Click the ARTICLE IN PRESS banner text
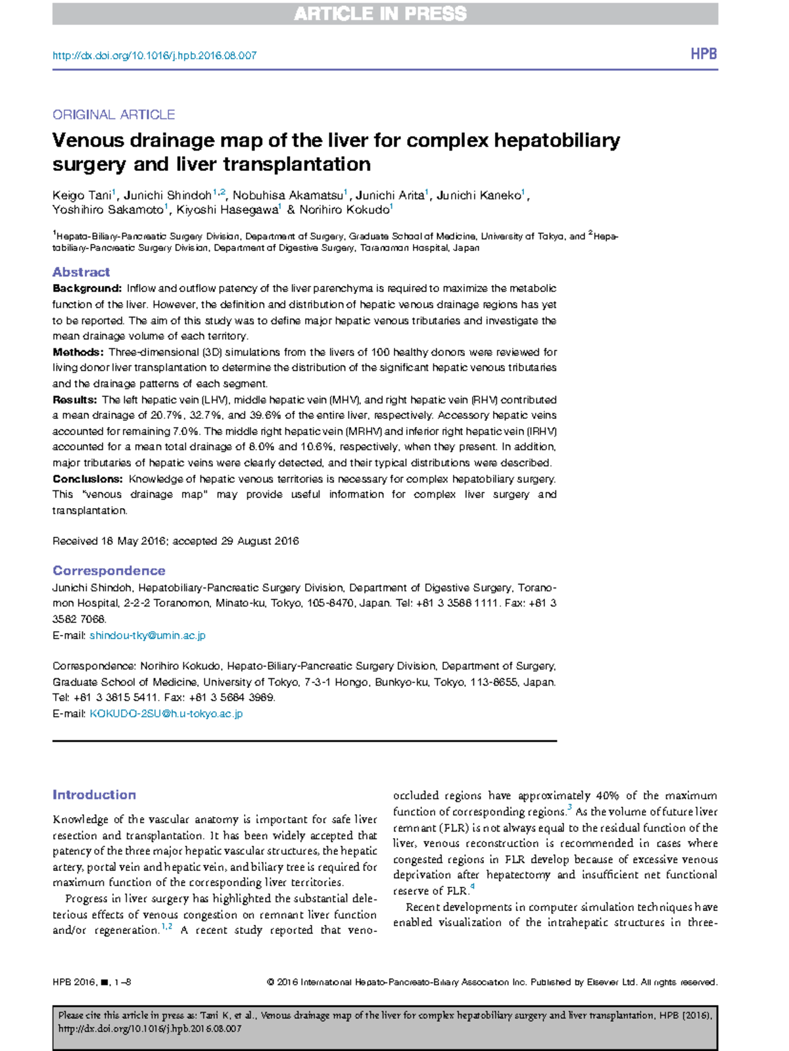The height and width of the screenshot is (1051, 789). (380, 14)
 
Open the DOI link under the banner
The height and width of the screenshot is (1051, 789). (155, 56)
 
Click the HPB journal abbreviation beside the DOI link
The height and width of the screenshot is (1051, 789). (703, 55)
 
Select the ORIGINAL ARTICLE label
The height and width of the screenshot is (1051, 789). (114, 115)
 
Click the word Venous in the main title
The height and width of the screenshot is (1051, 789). (88, 141)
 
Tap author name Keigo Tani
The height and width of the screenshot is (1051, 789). (82, 196)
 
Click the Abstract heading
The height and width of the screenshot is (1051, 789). (81, 272)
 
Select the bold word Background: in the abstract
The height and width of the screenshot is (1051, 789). (87, 289)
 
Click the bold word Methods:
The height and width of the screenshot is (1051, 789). (78, 352)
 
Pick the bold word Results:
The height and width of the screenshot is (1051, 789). (75, 400)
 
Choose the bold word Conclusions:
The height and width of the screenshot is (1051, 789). (87, 479)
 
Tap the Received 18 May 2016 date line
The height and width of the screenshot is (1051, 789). (176, 542)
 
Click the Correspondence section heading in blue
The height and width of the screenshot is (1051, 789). (108, 571)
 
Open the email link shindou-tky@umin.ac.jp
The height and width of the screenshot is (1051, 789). (147, 636)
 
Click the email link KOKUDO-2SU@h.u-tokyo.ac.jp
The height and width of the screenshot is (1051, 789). (166, 714)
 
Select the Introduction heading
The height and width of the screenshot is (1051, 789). (94, 795)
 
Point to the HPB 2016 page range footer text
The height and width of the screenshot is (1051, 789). (91, 983)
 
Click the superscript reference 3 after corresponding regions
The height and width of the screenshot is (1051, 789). (569, 808)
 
